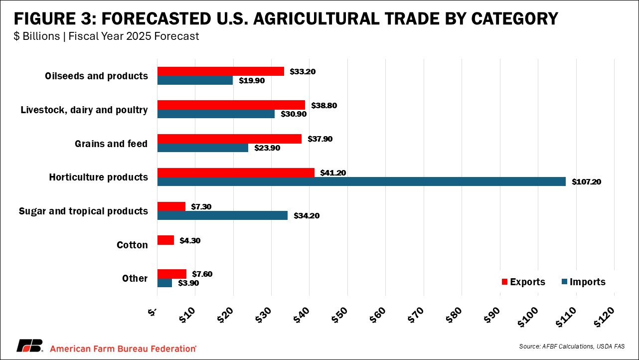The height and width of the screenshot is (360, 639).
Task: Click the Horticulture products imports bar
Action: coord(361,181)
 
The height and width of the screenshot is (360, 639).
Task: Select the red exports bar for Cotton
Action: coord(165,240)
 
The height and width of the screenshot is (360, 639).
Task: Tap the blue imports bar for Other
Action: coord(164,283)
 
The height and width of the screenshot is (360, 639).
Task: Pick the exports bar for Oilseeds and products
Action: coord(220,71)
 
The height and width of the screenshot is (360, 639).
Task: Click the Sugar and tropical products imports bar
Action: coord(222,215)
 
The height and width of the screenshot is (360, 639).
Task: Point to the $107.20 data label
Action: coord(586,182)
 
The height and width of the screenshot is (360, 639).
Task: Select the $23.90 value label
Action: coord(268,148)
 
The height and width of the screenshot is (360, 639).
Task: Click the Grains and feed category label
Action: coord(111,144)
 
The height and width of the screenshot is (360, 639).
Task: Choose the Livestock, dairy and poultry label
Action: coord(84,110)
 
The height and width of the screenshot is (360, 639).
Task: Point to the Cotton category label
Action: coord(132,245)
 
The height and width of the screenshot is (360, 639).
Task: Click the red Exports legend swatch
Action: coord(504,282)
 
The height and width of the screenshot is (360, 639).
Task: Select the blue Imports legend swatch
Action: coord(564,282)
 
